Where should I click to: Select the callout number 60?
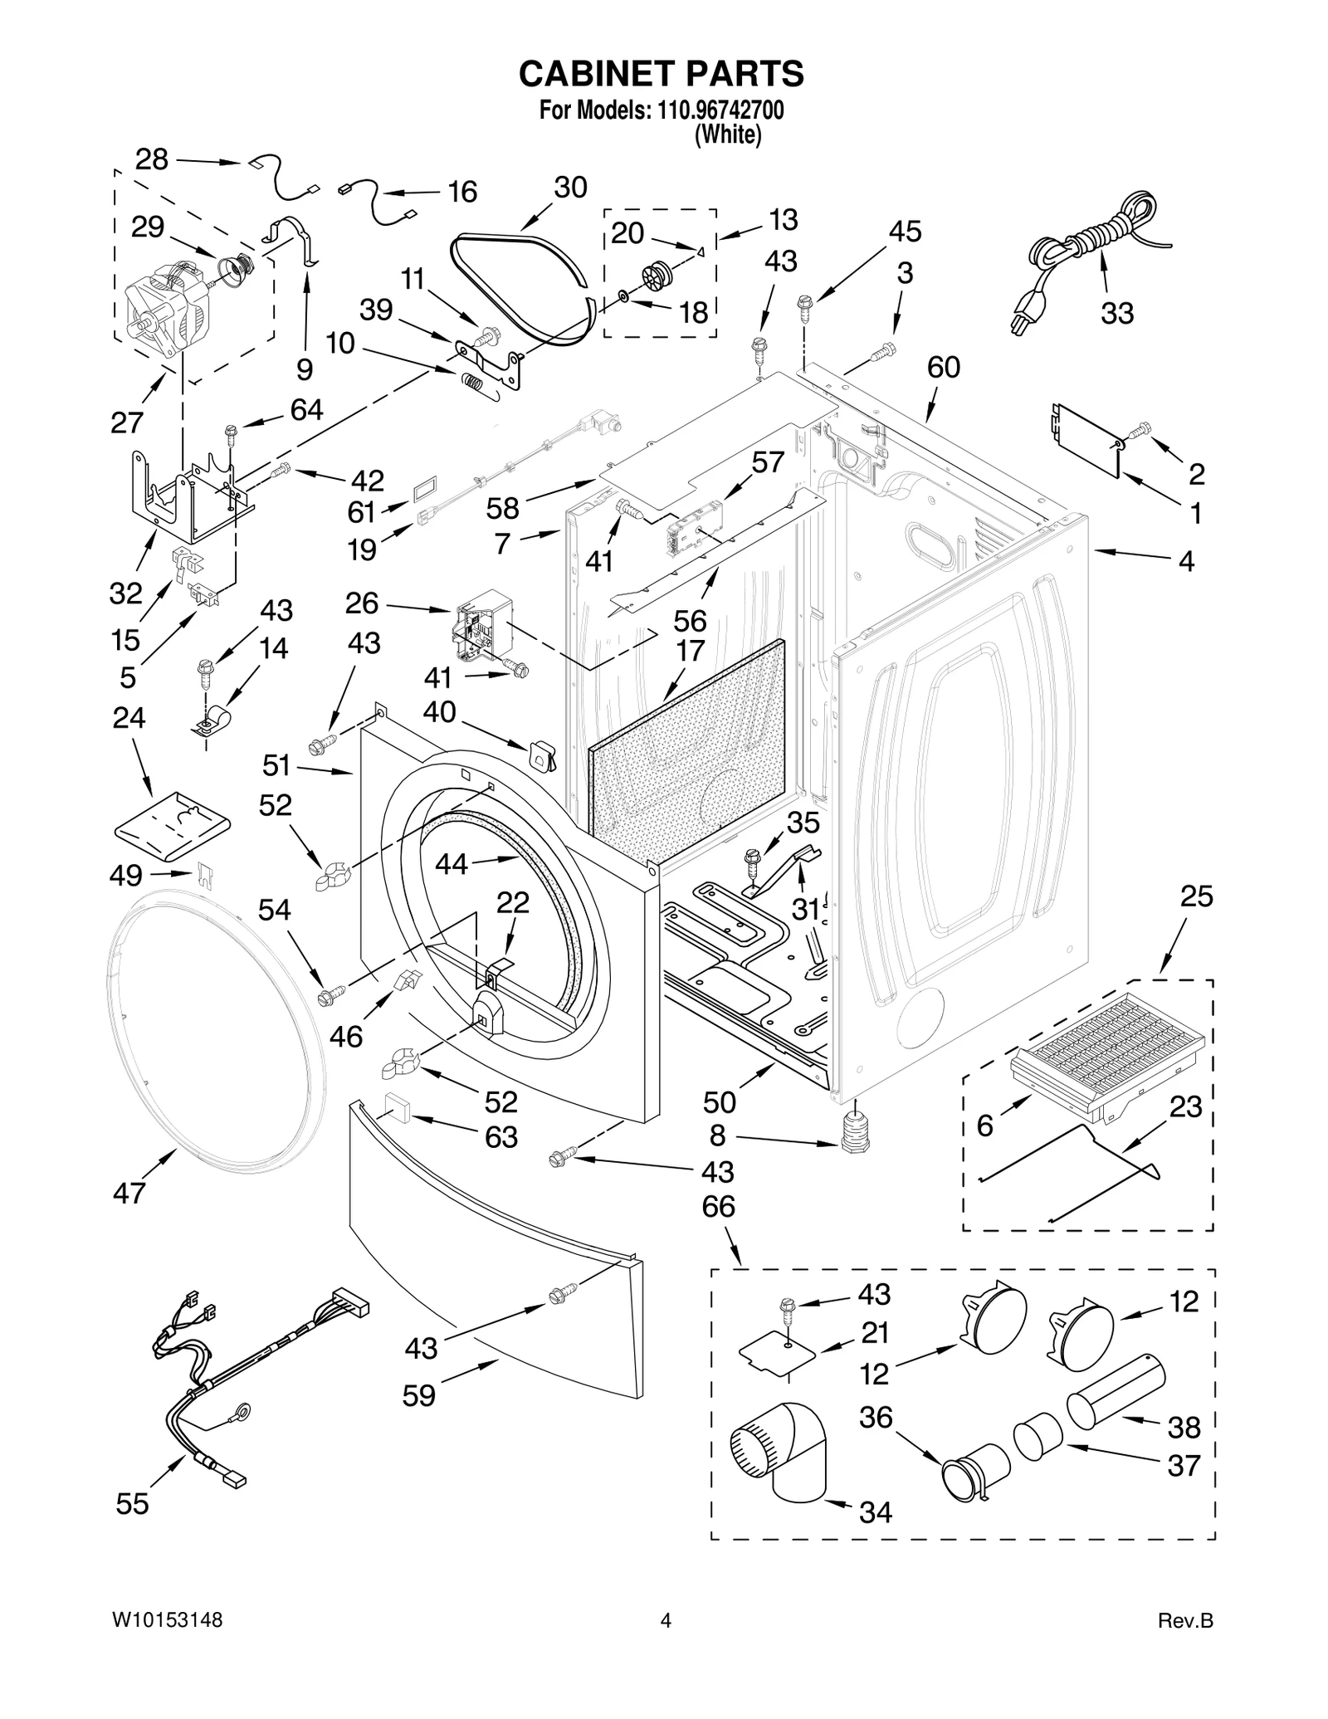tap(943, 368)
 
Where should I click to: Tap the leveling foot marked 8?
tap(853, 1134)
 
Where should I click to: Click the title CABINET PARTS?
tap(661, 73)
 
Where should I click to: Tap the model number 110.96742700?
tap(720, 110)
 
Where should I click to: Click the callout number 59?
tap(418, 1396)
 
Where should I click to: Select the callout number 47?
tap(129, 1194)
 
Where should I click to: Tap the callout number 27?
tap(127, 422)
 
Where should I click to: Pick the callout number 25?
tap(1196, 896)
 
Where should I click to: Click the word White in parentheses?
tap(727, 134)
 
